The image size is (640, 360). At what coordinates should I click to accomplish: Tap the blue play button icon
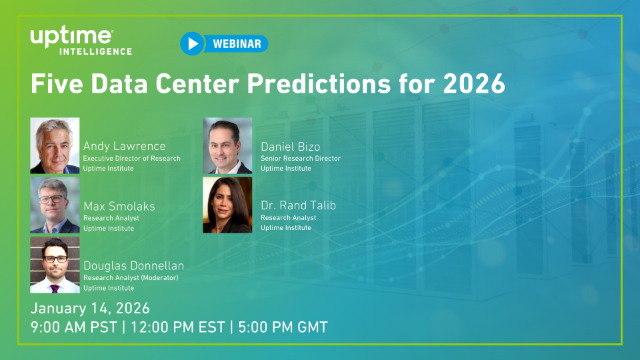pos(192,43)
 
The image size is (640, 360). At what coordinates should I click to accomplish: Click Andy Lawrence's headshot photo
pos(55,146)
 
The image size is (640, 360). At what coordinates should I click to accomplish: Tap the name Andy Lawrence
pos(125,144)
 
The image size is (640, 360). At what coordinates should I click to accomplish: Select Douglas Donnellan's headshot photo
pos(55,263)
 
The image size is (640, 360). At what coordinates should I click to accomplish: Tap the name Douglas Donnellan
pos(133,265)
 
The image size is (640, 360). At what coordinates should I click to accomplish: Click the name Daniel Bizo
pos(289,145)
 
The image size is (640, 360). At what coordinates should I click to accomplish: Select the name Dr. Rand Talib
pos(298,205)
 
